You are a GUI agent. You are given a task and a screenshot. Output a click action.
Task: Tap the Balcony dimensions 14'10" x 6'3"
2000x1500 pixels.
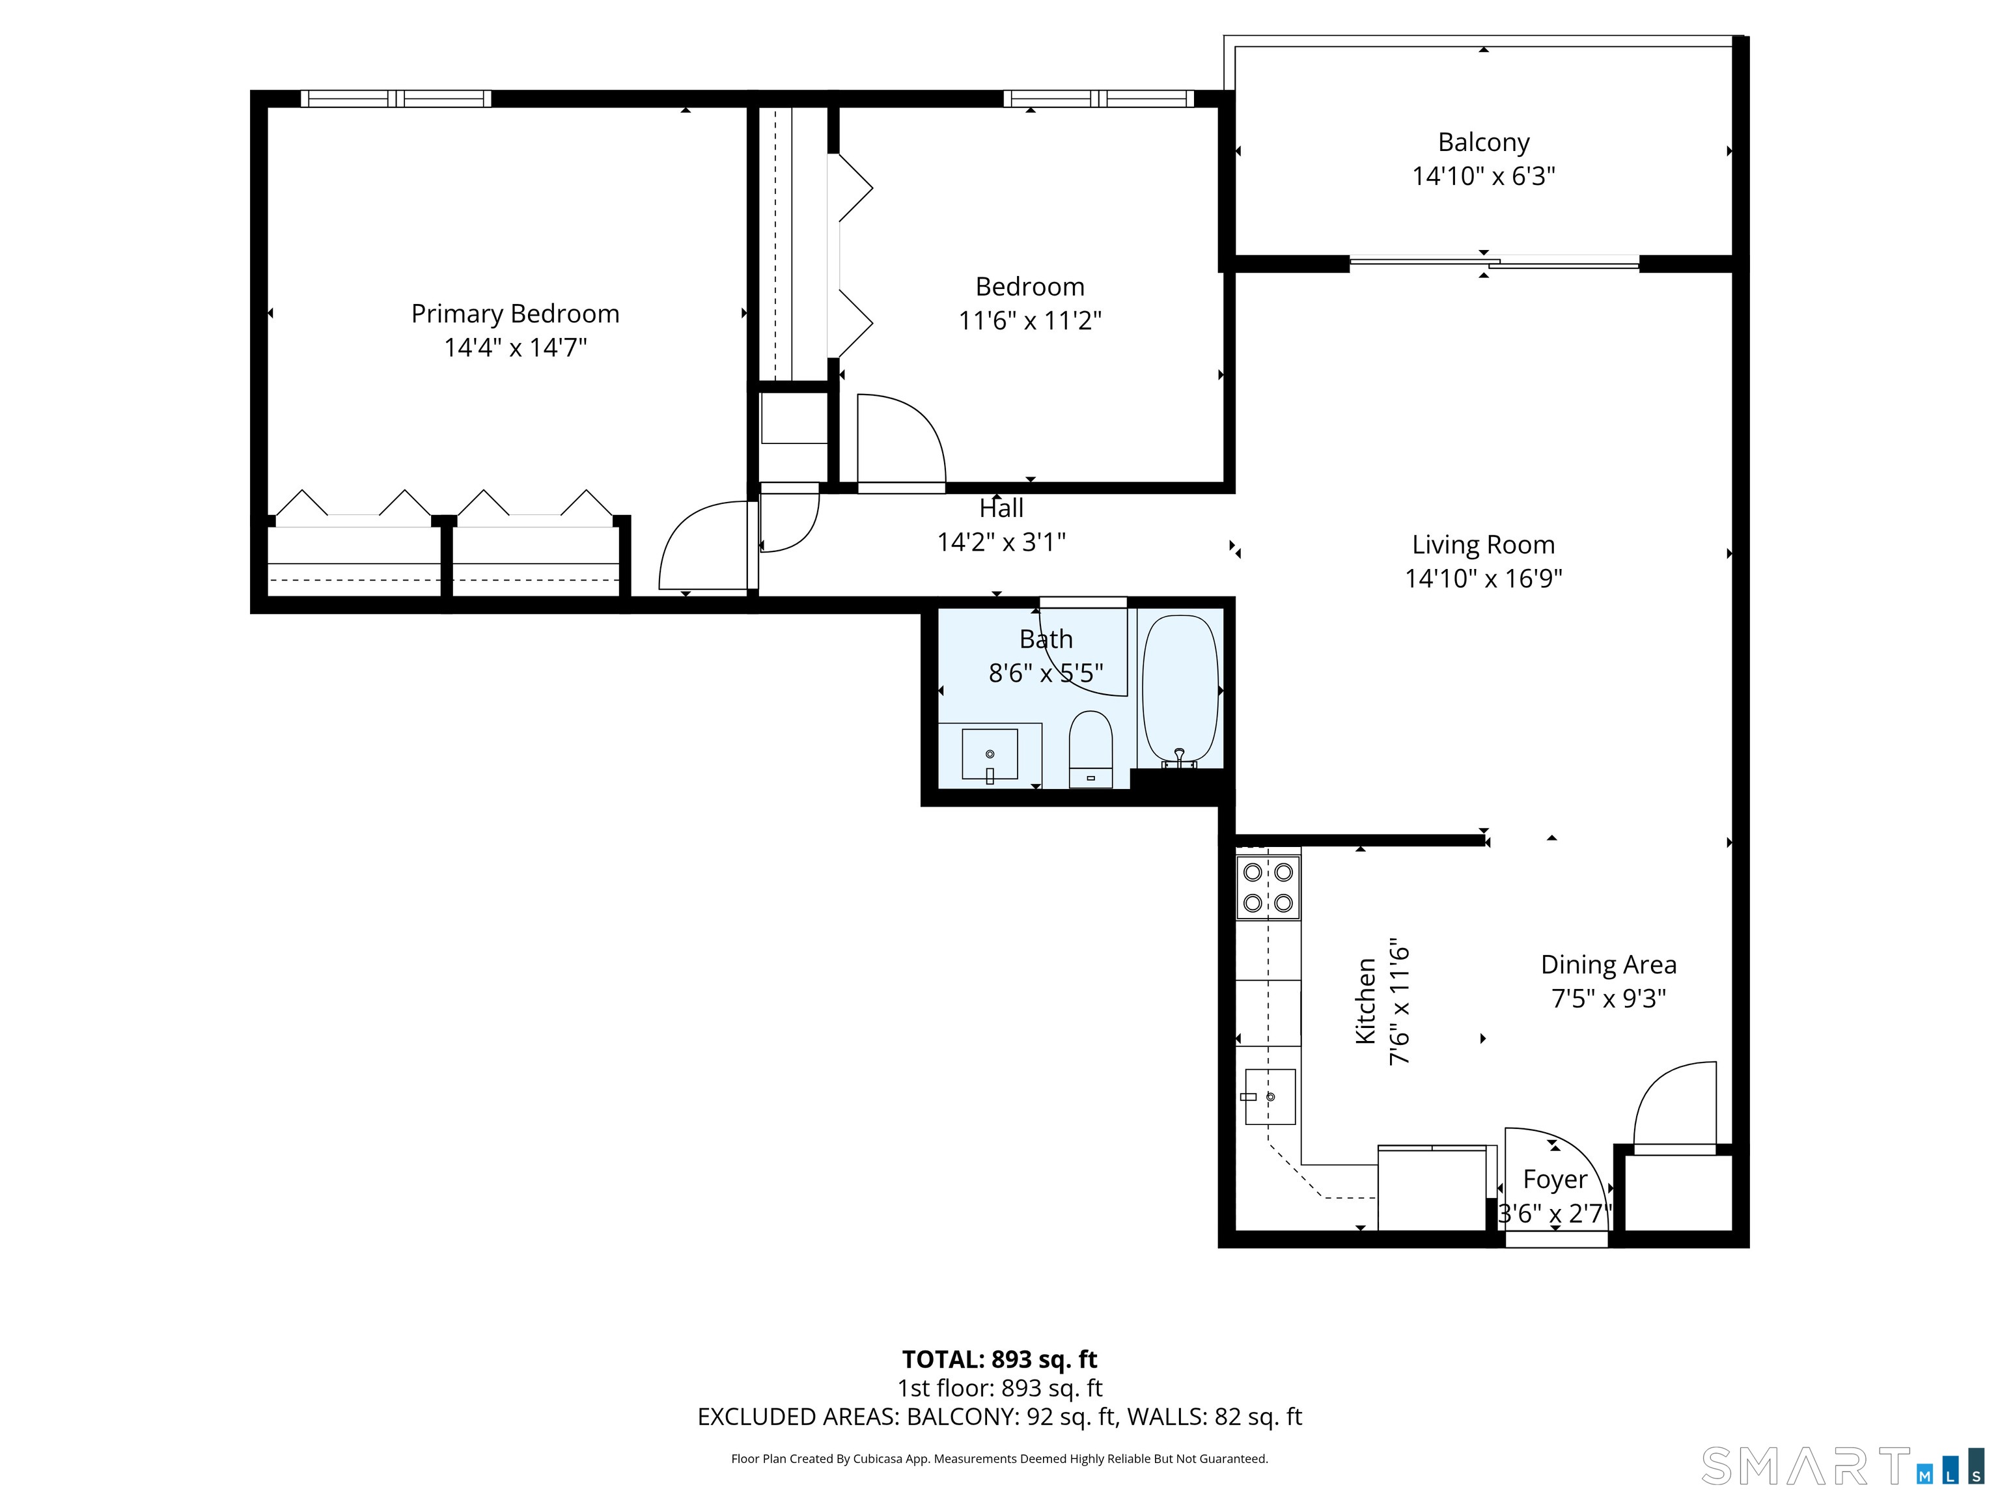pyautogui.click(x=1483, y=176)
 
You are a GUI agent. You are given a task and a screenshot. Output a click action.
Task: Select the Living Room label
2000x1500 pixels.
pyautogui.click(x=1483, y=544)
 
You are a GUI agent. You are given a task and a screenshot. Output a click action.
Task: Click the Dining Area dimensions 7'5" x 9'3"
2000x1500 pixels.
pyautogui.click(x=1609, y=998)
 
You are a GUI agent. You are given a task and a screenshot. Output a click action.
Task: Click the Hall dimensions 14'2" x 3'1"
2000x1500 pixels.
pyautogui.click(x=1001, y=542)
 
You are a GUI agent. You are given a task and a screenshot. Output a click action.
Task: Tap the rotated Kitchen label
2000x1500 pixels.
pyautogui.click(x=1365, y=1001)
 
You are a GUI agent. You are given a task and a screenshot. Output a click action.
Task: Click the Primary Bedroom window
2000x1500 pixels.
pyautogui.click(x=396, y=98)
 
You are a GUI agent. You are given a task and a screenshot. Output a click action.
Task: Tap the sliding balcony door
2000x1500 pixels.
pyautogui.click(x=1493, y=263)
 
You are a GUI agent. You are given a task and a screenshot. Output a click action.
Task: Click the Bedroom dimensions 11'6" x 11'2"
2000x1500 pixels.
pyautogui.click(x=1030, y=321)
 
